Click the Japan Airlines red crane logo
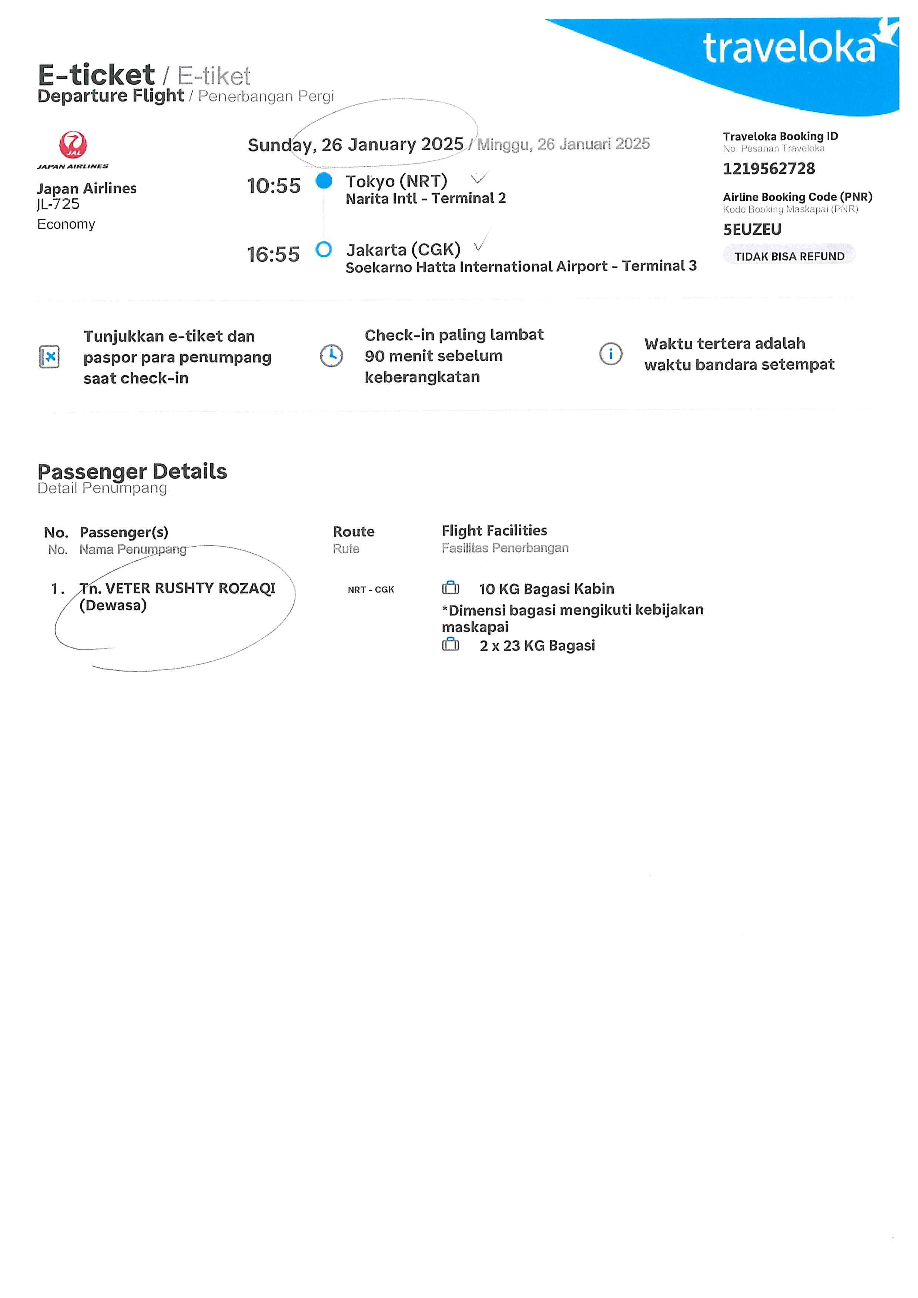pyautogui.click(x=73, y=145)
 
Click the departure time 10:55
pyautogui.click(x=274, y=186)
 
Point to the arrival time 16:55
pyautogui.click(x=273, y=254)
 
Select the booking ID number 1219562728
pyautogui.click(x=769, y=168)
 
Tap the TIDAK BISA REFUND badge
pyautogui.click(x=789, y=256)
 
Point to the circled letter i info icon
pyautogui.click(x=610, y=354)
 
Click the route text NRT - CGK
pyautogui.click(x=371, y=590)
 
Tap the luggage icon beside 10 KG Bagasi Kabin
pyautogui.click(x=450, y=588)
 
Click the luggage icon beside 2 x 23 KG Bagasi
pyautogui.click(x=450, y=644)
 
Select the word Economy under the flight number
pyautogui.click(x=66, y=224)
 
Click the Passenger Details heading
pyautogui.click(x=132, y=472)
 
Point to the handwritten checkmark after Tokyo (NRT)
pyautogui.click(x=479, y=178)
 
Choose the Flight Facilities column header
pyautogui.click(x=495, y=531)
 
